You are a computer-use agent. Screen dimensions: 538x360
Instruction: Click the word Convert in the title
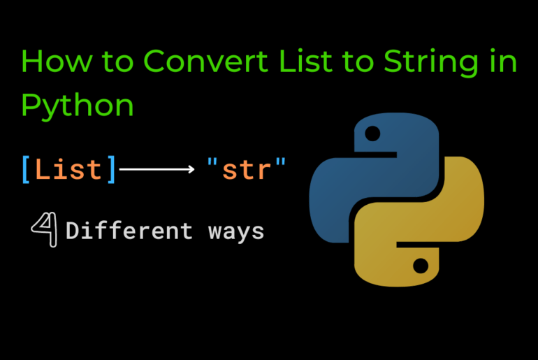205,61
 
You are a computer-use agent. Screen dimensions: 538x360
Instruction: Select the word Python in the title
77,106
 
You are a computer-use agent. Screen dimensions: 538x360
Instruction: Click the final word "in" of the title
504,61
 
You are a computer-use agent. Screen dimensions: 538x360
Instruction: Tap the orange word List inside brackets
68,169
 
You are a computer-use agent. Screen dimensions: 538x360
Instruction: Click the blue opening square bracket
26,170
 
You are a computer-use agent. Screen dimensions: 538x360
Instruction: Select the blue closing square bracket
111,170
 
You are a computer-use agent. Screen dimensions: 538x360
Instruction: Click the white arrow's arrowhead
191,169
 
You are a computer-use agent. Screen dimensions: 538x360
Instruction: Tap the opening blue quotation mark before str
212,162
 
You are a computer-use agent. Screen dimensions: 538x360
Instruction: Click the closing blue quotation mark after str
281,162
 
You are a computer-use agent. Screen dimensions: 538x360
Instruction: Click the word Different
129,230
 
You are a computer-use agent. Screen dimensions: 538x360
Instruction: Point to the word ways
236,233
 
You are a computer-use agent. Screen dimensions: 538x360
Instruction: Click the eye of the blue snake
372,134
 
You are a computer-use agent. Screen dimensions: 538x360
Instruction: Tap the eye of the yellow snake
421,266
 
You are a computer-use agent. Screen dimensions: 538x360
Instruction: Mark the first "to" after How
117,62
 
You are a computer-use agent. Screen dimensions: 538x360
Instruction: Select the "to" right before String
358,62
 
